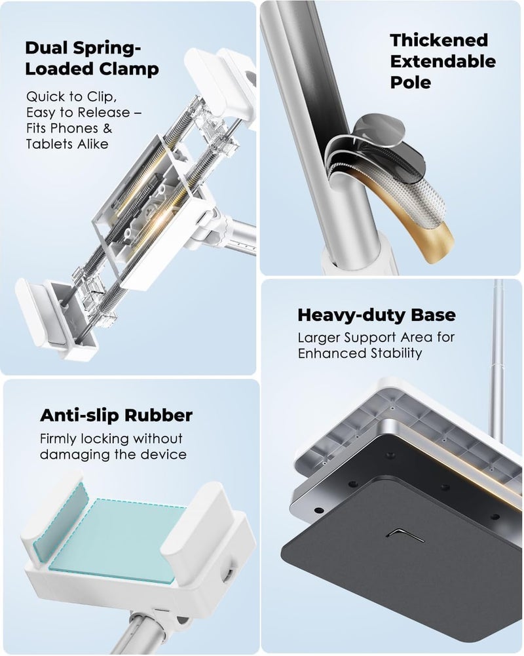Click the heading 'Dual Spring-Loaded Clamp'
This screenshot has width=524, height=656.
92,58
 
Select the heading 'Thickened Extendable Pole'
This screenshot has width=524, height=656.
443,61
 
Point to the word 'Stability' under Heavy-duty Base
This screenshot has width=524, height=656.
396,353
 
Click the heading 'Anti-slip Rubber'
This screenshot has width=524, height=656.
116,415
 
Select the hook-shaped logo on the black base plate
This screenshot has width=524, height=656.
405,534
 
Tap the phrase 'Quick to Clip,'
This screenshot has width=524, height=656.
71,97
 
